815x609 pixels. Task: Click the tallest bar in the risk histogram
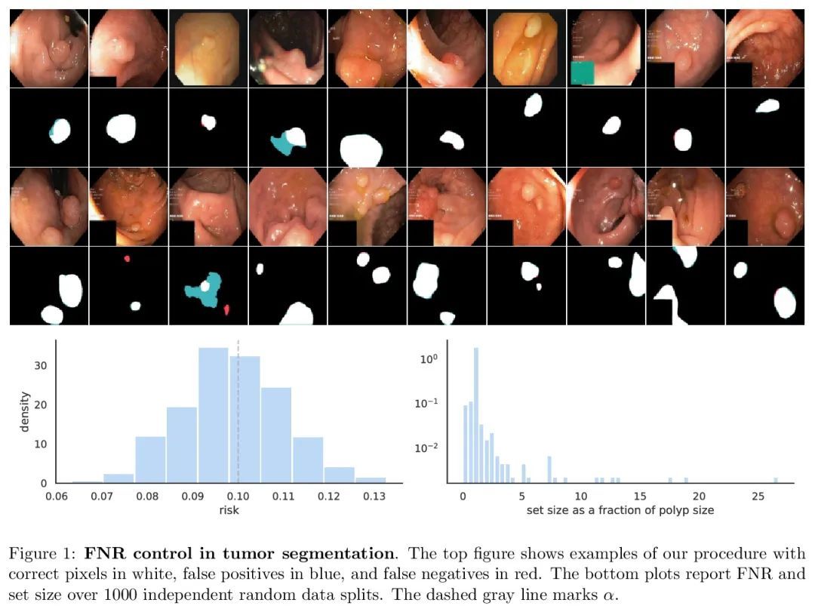click(214, 415)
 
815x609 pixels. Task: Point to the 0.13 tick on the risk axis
click(371, 496)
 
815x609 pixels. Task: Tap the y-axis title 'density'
click(25, 411)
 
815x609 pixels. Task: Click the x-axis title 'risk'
click(228, 509)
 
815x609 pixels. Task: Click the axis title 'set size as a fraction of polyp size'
click(620, 510)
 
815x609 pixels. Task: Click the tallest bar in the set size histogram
click(475, 415)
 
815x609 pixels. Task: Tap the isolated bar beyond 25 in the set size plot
click(775, 480)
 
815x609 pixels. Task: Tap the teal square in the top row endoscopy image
click(583, 74)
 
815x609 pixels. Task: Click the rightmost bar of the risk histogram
click(371, 480)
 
